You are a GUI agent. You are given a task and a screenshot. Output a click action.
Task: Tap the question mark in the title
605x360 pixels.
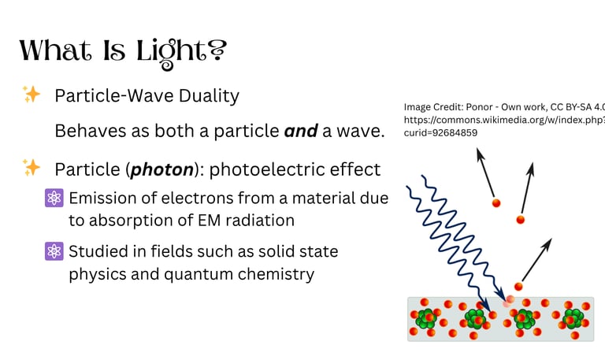[x=217, y=50]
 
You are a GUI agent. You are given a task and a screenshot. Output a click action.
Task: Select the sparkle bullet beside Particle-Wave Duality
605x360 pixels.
[x=32, y=95]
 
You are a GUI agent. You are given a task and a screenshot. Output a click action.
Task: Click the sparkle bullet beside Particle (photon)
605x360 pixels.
[x=32, y=168]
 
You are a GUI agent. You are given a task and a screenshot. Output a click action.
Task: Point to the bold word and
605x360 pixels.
[x=301, y=131]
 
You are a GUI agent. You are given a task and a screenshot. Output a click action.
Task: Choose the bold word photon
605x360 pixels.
[x=162, y=170]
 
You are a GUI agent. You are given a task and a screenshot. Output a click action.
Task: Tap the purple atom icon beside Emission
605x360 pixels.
[x=54, y=198]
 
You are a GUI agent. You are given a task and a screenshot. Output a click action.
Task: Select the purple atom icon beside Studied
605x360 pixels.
[x=54, y=251]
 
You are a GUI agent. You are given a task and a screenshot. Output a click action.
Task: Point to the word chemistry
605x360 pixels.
[x=276, y=274]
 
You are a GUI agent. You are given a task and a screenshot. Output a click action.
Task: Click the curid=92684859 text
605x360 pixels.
[x=440, y=132]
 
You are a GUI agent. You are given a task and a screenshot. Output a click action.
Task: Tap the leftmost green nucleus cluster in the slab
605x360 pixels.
[x=426, y=318]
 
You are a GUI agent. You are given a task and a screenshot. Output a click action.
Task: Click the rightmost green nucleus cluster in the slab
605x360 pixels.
[x=573, y=318]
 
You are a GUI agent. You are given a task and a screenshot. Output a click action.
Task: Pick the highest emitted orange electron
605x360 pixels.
[x=496, y=203]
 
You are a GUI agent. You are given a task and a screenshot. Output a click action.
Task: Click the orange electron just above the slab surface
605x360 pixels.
[x=518, y=287]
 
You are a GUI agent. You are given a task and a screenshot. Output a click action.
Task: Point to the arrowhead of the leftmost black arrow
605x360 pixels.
[x=480, y=154]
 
